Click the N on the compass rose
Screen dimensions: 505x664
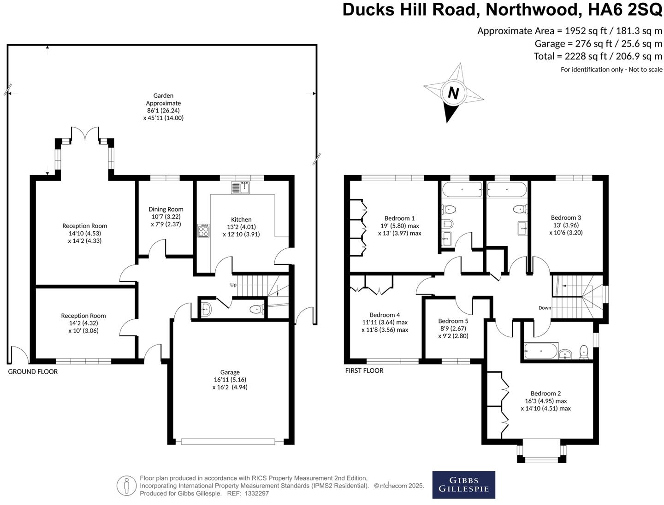pos(453,94)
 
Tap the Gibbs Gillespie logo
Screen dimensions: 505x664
pos(463,485)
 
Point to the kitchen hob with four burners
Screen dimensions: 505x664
pos(203,230)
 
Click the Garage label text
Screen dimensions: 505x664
pos(230,372)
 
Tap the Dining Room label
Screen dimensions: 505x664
pos(166,209)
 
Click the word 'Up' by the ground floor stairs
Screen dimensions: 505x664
pos(233,285)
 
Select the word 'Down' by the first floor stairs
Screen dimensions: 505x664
pos(545,308)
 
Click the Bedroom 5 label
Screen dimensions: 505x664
pos(453,321)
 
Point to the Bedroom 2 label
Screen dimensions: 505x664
pos(545,393)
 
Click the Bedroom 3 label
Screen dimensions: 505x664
pos(566,217)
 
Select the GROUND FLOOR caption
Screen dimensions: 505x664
pos(33,371)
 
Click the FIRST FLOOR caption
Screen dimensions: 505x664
pos(364,370)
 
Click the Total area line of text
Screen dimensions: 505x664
pos(598,56)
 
